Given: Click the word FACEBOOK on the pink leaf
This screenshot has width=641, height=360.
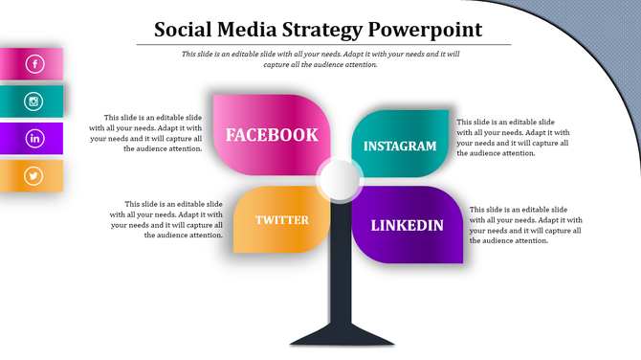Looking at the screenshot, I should [272, 135].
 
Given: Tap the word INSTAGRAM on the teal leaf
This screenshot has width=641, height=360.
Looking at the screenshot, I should [400, 146].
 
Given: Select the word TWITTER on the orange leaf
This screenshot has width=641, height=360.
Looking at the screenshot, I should [282, 220].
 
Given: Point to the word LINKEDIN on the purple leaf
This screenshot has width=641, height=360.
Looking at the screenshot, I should [407, 226].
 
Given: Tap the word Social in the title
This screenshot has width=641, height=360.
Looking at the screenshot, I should [187, 30].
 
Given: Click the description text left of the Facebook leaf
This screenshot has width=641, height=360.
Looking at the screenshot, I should [146, 133].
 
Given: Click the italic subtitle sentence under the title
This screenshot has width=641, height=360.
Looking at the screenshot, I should [320, 59].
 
